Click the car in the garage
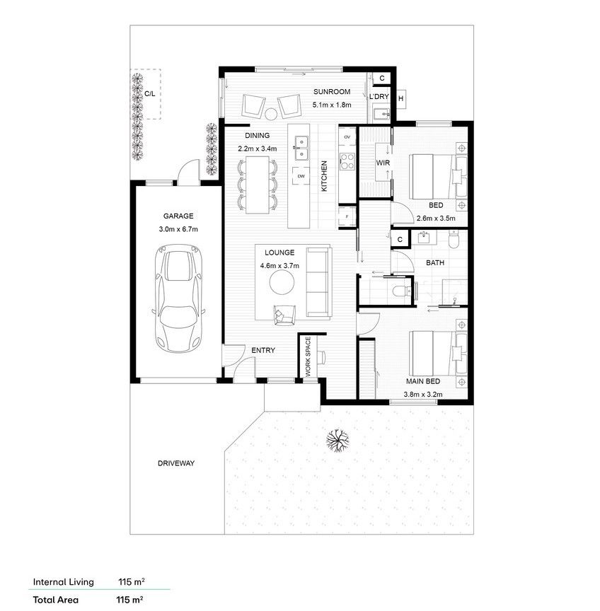coord(178,298)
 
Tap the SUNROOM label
coord(332,92)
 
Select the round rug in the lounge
coord(282,282)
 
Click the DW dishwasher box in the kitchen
coord(301,176)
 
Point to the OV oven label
coord(347,137)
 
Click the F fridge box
coord(347,216)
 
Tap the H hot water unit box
coord(400,98)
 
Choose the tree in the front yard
coord(337,441)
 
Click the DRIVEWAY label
coord(176,463)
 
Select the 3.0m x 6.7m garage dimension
coord(178,229)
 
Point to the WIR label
coord(383,163)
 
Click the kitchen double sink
coord(301,148)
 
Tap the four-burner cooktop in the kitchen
coord(347,162)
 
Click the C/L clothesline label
coord(150,94)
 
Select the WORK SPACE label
coord(308,356)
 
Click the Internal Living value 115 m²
coord(132,582)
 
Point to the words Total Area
coord(56,600)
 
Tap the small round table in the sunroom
coord(271,114)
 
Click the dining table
coord(258,185)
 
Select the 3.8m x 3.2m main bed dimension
coord(423,395)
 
